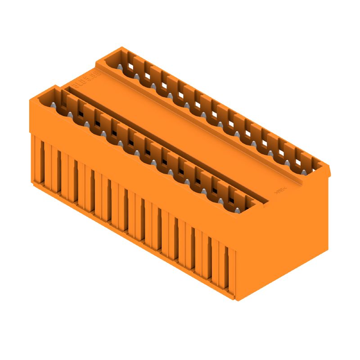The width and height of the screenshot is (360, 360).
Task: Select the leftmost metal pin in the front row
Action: pyautogui.click(x=53, y=106)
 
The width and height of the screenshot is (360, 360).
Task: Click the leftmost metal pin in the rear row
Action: pyautogui.click(x=120, y=67)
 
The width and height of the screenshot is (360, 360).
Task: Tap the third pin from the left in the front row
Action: pyautogui.click(x=87, y=125)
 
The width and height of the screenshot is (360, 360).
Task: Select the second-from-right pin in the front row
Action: pyautogui.click(x=220, y=198)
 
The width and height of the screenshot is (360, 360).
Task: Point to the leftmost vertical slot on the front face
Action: pyautogui.click(x=43, y=160)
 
